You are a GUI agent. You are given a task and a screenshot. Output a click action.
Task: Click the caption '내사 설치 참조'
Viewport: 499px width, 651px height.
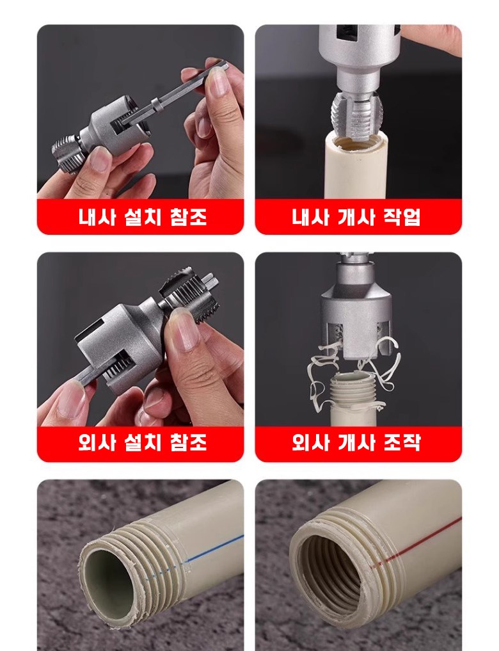[x=142, y=217]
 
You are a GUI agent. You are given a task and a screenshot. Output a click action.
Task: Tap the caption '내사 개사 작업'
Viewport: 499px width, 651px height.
[x=356, y=217]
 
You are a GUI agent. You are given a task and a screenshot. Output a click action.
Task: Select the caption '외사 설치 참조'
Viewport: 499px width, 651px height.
[x=142, y=442]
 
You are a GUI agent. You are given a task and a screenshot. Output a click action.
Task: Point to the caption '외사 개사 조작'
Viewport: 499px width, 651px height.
[x=356, y=442]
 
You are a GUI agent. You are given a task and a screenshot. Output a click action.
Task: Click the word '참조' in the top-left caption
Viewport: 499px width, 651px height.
[x=188, y=217]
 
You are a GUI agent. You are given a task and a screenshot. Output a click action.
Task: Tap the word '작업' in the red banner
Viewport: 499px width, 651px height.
[x=402, y=217]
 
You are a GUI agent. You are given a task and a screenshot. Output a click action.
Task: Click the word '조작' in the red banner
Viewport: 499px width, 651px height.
[x=402, y=442]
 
